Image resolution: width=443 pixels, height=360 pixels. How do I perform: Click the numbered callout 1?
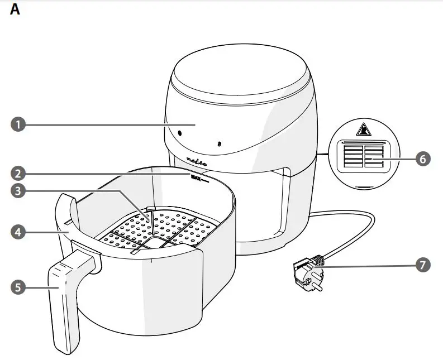(18, 124)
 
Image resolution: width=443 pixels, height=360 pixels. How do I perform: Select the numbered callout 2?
(18, 173)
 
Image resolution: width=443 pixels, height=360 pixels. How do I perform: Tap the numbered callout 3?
(18, 191)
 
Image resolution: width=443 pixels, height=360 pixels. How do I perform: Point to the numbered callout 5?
(18, 287)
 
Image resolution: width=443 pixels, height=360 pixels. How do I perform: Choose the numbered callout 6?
(423, 159)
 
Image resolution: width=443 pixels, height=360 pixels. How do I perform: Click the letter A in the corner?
(15, 10)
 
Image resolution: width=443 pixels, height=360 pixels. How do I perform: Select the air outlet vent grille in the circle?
(363, 157)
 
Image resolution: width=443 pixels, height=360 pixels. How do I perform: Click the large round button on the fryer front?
(179, 134)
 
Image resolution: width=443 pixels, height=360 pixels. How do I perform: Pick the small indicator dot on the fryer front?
(219, 143)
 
